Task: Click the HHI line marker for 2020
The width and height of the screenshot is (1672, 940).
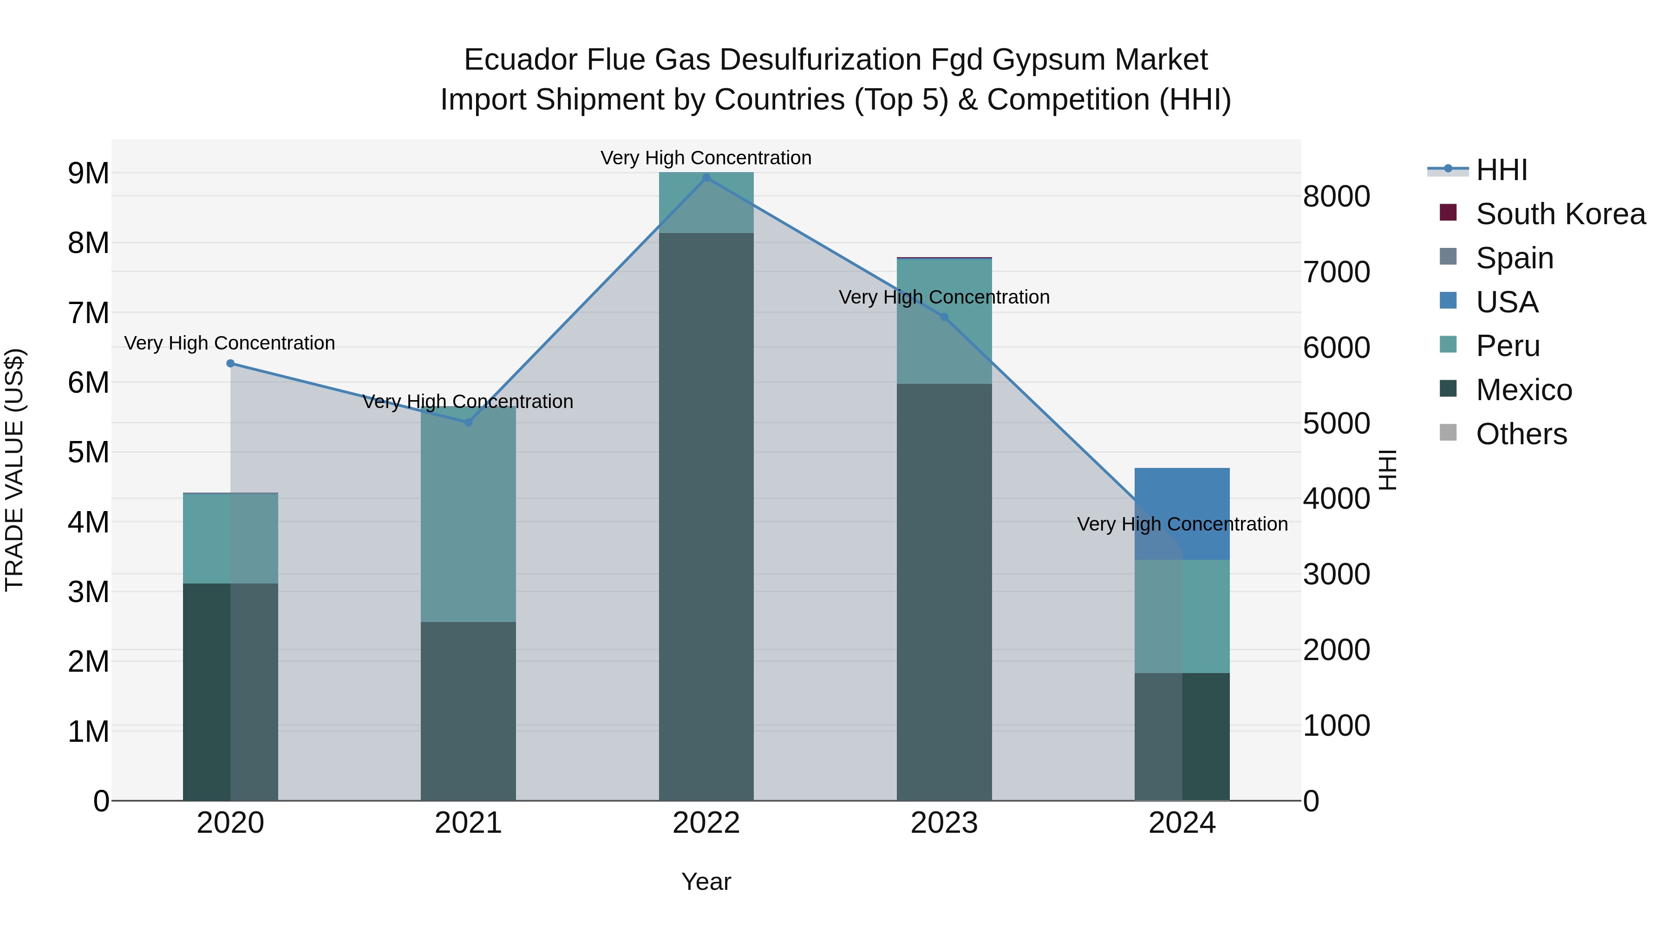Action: tap(230, 363)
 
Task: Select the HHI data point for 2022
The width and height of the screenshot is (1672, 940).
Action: tap(706, 177)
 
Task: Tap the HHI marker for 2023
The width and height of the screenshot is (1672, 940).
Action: tap(944, 317)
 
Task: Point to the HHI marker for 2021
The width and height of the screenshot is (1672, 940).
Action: tap(468, 422)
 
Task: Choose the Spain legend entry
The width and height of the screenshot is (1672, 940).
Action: tap(1514, 258)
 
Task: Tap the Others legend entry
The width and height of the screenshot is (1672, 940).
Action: tap(1521, 434)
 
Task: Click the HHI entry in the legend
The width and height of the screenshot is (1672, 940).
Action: tap(1501, 170)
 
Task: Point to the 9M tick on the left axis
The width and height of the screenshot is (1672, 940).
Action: tap(88, 173)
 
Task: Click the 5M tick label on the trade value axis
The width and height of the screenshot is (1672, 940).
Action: tap(88, 452)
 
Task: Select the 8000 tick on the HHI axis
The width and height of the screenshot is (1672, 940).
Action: tap(1336, 196)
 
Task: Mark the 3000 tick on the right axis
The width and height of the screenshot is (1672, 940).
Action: tap(1336, 574)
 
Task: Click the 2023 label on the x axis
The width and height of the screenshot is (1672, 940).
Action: tap(944, 823)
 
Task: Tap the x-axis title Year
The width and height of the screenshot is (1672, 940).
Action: tap(706, 882)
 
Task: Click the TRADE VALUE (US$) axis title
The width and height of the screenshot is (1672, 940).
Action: tap(14, 470)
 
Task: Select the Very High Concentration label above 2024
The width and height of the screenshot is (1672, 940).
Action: tap(1182, 524)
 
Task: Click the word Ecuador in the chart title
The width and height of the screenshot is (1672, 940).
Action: tap(521, 60)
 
